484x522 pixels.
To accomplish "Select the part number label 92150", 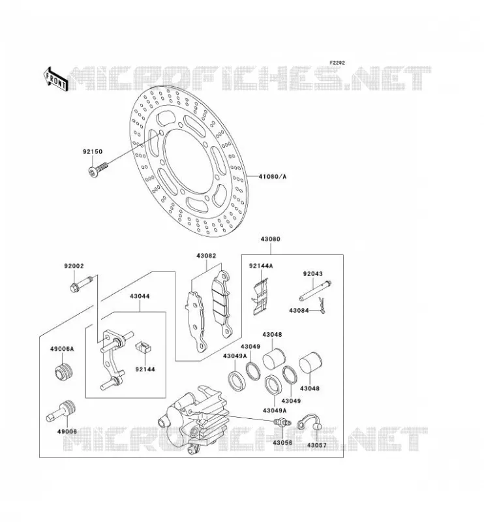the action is pyautogui.click(x=93, y=152).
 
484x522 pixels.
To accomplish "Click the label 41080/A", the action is pyautogui.click(x=272, y=176).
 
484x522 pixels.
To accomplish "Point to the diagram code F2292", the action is pyautogui.click(x=337, y=63).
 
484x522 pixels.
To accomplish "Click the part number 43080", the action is pyautogui.click(x=270, y=239).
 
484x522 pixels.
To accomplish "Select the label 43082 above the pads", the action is pyautogui.click(x=206, y=256).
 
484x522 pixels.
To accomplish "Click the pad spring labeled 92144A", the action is pyautogui.click(x=260, y=297).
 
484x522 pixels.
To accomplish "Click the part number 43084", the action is pyautogui.click(x=299, y=311).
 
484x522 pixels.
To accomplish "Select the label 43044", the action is pyautogui.click(x=140, y=296).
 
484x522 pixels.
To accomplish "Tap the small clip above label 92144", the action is pyautogui.click(x=144, y=348).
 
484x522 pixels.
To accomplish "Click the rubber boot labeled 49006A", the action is pyautogui.click(x=63, y=373).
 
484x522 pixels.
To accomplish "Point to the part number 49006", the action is pyautogui.click(x=67, y=431).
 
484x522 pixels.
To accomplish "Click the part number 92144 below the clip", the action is pyautogui.click(x=145, y=369).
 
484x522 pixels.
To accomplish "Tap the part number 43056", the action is pyautogui.click(x=282, y=443).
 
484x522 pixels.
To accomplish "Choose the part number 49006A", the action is pyautogui.click(x=62, y=349).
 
